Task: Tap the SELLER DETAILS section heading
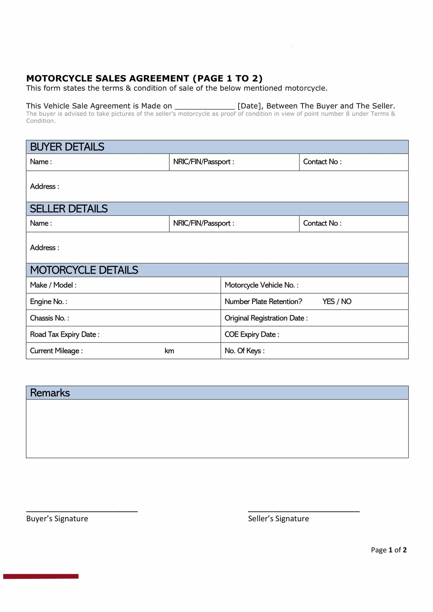[x=69, y=209]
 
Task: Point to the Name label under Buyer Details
[x=41, y=162]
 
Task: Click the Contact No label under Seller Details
[x=322, y=223]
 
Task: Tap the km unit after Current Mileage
[x=169, y=351]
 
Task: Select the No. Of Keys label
[x=245, y=351]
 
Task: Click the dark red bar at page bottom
[x=41, y=576]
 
